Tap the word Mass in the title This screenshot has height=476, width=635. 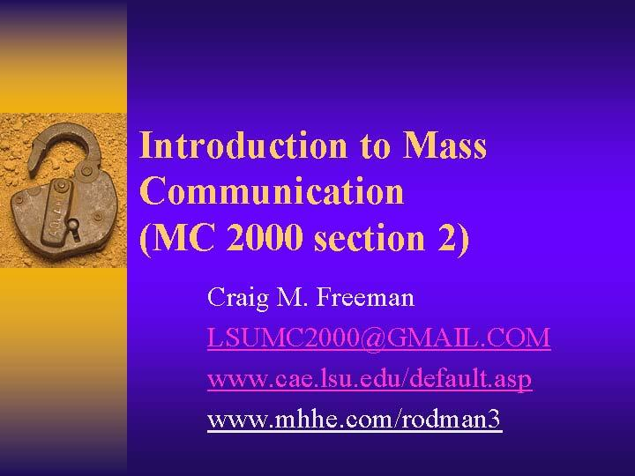[444, 145]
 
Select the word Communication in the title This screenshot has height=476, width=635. [272, 191]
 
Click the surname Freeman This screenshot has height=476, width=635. [370, 298]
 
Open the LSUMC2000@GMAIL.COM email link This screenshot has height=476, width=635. [378, 338]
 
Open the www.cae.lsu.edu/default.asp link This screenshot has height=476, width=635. [370, 379]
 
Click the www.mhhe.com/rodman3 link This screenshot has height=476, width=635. [354, 420]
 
